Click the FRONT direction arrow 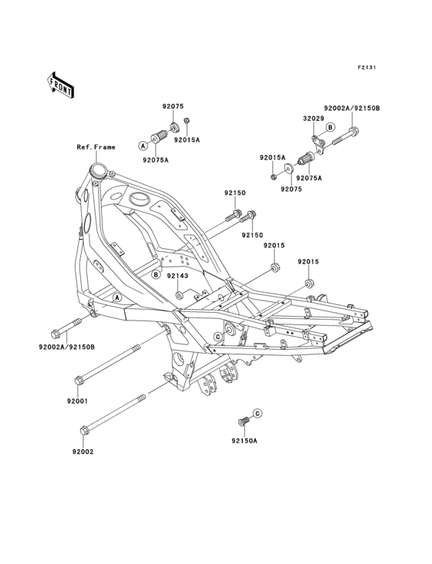[x=60, y=85]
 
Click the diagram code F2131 [x=367, y=67]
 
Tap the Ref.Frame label [x=96, y=147]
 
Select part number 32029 [x=313, y=119]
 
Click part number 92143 [x=177, y=276]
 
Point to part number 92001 [x=77, y=401]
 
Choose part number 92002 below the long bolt [x=83, y=452]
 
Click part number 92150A [x=245, y=441]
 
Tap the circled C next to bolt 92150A [x=258, y=414]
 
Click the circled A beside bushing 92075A [x=143, y=146]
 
